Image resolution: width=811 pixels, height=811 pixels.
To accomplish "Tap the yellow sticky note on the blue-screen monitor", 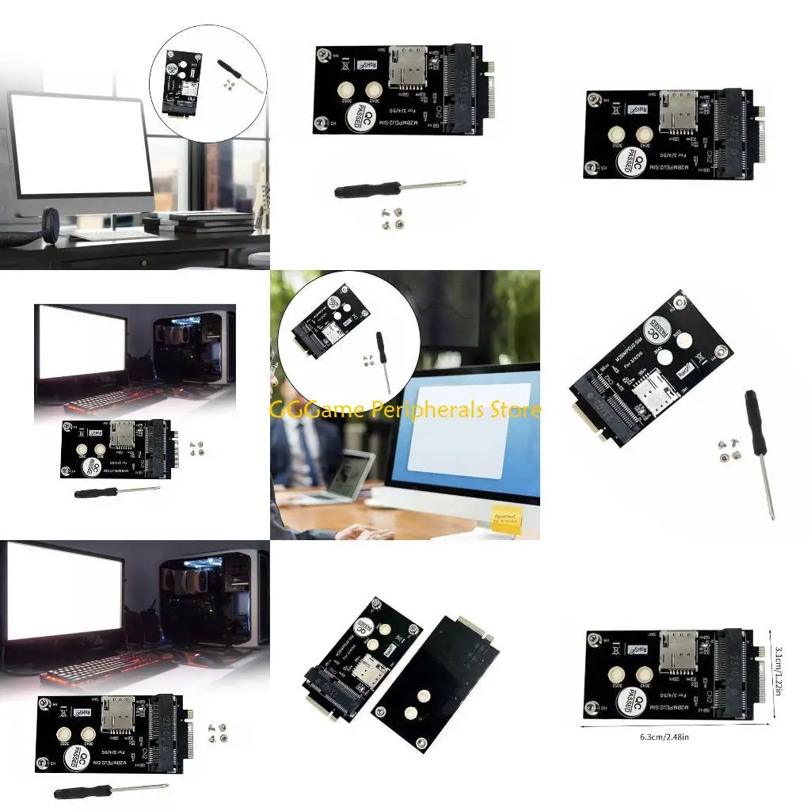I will tap(507, 520).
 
